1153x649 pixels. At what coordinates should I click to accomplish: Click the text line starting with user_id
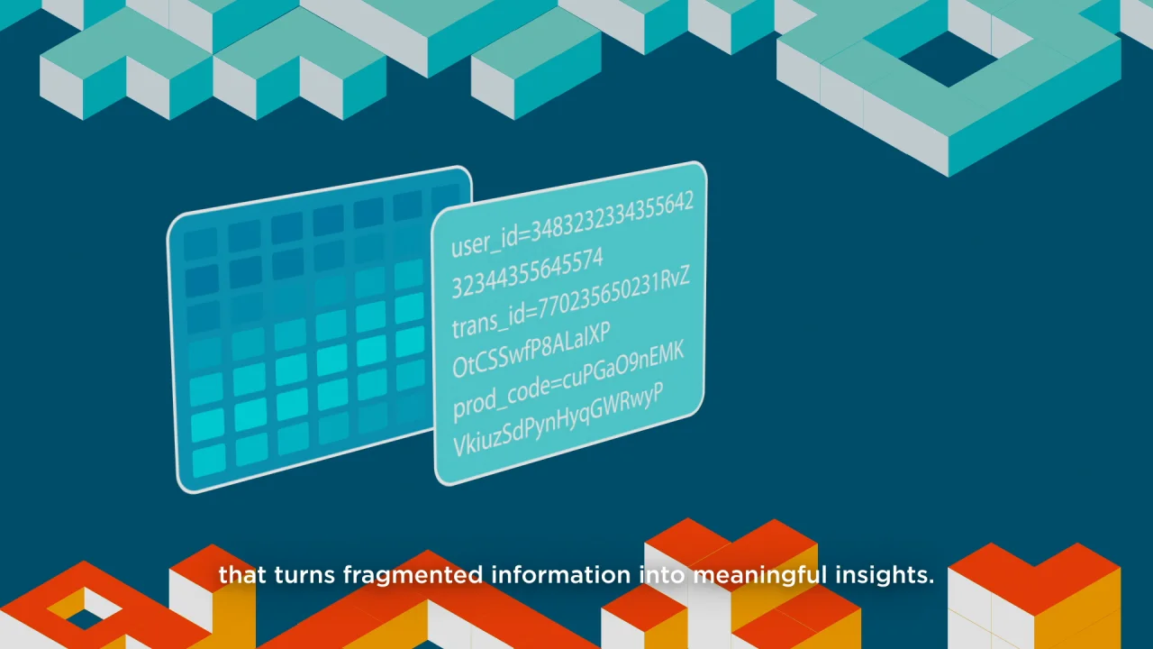point(572,224)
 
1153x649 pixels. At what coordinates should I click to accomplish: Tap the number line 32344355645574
point(527,273)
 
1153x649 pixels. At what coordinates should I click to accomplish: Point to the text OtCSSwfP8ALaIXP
point(531,350)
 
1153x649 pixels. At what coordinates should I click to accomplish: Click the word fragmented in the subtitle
point(413,575)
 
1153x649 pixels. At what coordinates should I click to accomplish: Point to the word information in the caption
point(561,574)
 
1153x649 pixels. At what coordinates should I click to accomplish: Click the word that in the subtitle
point(242,574)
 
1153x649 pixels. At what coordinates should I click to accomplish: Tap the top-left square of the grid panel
point(201,243)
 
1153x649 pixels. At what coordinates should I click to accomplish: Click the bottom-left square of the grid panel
point(209,460)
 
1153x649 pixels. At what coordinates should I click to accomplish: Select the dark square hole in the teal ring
point(949,59)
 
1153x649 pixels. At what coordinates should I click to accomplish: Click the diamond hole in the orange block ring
point(85,608)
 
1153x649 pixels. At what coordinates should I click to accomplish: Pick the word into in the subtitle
point(662,574)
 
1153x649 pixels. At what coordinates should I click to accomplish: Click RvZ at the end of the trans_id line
point(675,279)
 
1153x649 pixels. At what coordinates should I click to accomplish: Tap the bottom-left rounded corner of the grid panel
point(181,485)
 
